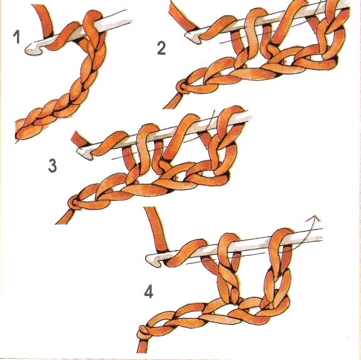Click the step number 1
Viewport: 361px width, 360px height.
pyautogui.click(x=16, y=37)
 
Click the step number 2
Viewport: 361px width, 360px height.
pyautogui.click(x=161, y=49)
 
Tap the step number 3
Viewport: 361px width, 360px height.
pyautogui.click(x=53, y=166)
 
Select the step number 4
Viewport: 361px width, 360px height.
pyautogui.click(x=149, y=292)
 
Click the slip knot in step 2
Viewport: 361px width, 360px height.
pyautogui.click(x=182, y=87)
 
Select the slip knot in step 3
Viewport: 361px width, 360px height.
pyautogui.click(x=74, y=203)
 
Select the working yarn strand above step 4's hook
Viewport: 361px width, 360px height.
pyautogui.click(x=156, y=230)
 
